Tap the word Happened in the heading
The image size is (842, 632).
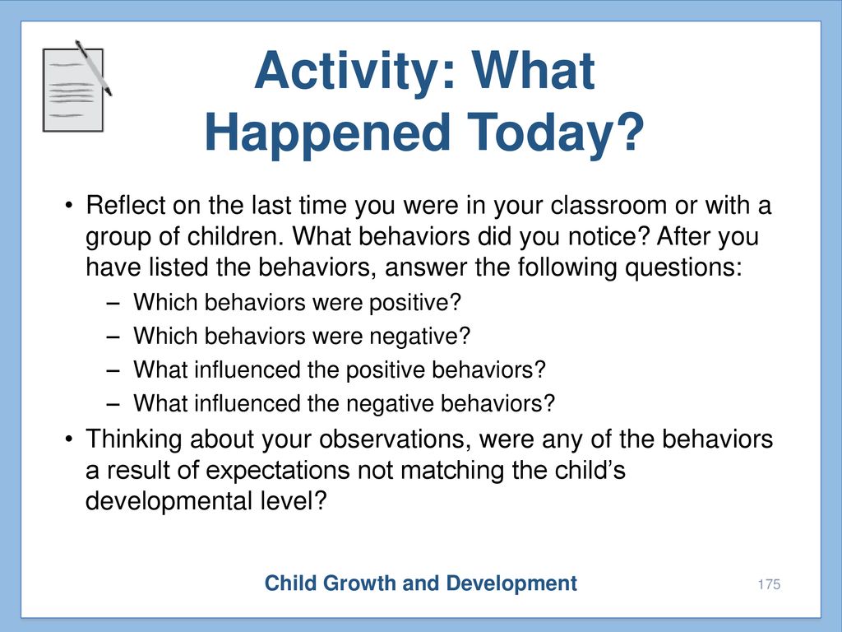(x=327, y=132)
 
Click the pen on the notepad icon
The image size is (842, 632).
(x=93, y=67)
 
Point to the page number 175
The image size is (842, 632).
(x=769, y=584)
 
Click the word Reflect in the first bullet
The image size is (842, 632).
(x=125, y=205)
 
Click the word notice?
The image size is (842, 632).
(x=609, y=236)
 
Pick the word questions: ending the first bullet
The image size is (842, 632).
(x=682, y=267)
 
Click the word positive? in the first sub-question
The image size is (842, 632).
(x=415, y=303)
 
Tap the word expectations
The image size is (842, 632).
(x=278, y=470)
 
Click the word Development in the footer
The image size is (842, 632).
(x=511, y=583)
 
